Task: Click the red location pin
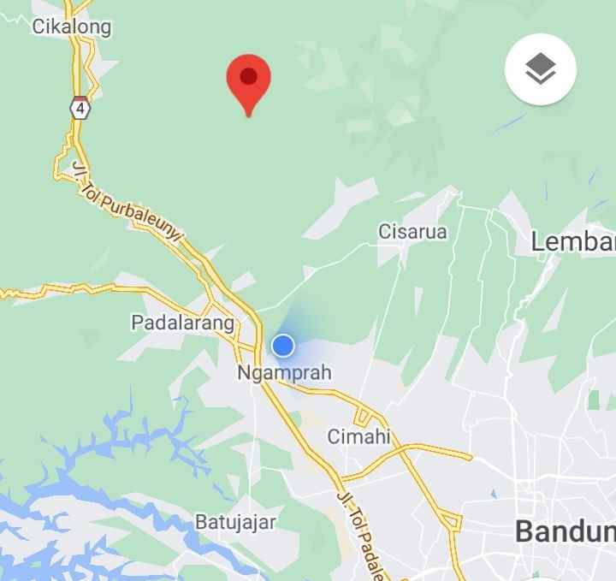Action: pos(248,80)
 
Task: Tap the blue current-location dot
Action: pos(283,346)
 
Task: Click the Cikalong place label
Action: pos(72,27)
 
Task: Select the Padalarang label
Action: pos(182,323)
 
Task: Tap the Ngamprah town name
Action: pos(283,373)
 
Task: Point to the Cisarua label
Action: pos(412,231)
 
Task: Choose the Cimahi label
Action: pos(358,436)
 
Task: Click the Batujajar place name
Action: pos(235,522)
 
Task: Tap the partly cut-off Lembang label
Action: pos(572,241)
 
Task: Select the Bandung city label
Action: pos(565,531)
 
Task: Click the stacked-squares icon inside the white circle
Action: pos(540,69)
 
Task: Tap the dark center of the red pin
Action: pos(248,76)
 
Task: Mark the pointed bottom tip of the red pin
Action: pos(248,115)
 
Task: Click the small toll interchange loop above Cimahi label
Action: pos(363,417)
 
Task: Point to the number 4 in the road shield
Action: pos(80,110)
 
